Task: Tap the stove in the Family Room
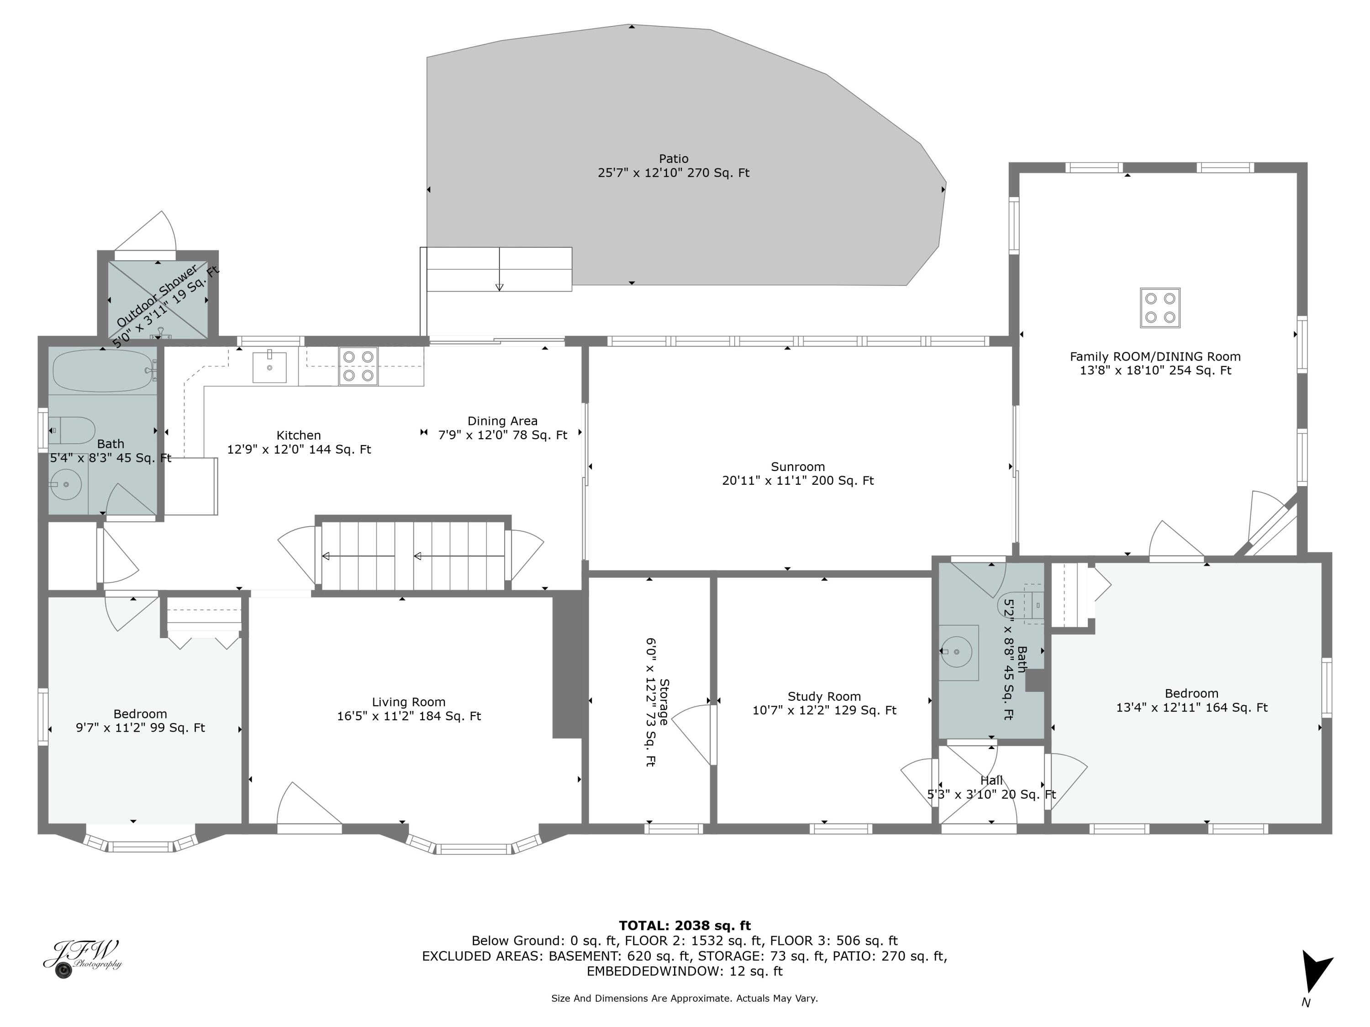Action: tap(1160, 308)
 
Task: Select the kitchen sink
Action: tap(269, 367)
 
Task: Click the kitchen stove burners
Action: tap(358, 366)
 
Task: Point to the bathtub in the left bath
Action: tap(103, 371)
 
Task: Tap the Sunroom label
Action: tap(798, 467)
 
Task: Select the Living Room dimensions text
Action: tap(409, 716)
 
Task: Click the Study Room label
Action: tap(824, 697)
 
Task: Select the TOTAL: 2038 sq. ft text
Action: tap(685, 926)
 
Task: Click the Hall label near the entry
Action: tap(991, 780)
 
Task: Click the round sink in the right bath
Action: tap(956, 652)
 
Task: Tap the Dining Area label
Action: tap(502, 421)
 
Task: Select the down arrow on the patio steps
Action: tap(499, 286)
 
